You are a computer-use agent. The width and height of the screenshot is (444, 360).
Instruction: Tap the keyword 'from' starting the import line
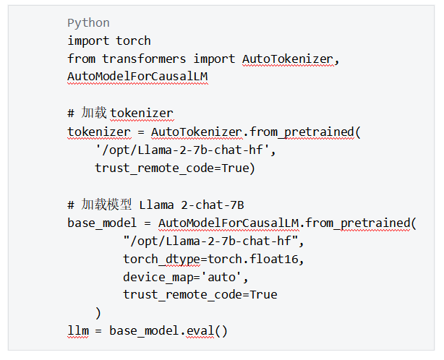pyautogui.click(x=81, y=59)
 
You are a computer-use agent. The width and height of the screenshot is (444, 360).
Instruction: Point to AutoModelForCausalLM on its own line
pyautogui.click(x=137, y=77)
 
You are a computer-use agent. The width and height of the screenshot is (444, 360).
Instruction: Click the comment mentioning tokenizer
pyautogui.click(x=121, y=113)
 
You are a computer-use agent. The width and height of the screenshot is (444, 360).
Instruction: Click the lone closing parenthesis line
pyautogui.click(x=98, y=313)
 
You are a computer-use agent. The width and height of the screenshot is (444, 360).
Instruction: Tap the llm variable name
pyautogui.click(x=77, y=332)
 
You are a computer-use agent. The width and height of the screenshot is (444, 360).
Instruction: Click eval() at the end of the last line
pyautogui.click(x=207, y=332)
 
